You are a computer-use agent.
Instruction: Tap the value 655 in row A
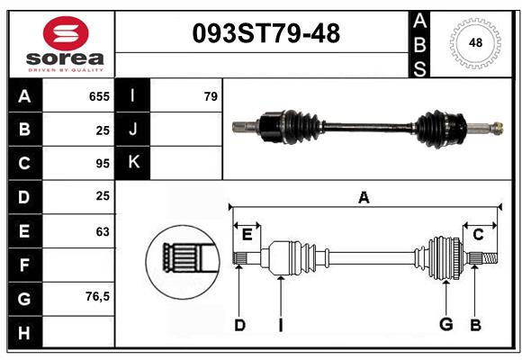click(99, 96)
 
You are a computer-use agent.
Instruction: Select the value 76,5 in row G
click(96, 296)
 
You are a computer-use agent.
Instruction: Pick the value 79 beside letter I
click(211, 96)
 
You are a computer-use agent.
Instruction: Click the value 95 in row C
click(102, 163)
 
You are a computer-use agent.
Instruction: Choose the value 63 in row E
click(102, 231)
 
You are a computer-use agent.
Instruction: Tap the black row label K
click(133, 163)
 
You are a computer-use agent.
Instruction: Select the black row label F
click(24, 265)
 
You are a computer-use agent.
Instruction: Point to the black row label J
click(133, 130)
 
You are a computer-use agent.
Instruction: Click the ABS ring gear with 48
click(473, 43)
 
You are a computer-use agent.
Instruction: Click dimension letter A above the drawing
click(364, 198)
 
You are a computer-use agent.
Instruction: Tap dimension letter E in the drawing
click(247, 235)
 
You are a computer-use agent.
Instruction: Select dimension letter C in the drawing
click(478, 235)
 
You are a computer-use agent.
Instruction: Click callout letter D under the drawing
click(239, 325)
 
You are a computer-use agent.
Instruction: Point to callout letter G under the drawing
click(445, 325)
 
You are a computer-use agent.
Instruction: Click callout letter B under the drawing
click(475, 325)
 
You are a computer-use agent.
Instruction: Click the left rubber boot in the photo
click(290, 126)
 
